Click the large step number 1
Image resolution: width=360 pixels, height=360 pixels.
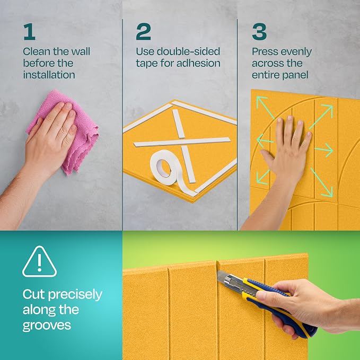[29, 32]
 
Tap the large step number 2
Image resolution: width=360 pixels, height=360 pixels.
[143, 32]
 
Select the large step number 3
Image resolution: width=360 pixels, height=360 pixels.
[259, 32]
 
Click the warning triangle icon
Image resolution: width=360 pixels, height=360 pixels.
[39, 262]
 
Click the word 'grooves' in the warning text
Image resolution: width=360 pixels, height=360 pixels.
[47, 325]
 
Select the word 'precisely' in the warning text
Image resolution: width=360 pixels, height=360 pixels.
[75, 295]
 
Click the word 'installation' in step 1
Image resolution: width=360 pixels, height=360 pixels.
[49, 75]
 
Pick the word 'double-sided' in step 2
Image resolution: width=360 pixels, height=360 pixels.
[188, 51]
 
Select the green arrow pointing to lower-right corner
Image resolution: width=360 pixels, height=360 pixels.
[322, 182]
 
